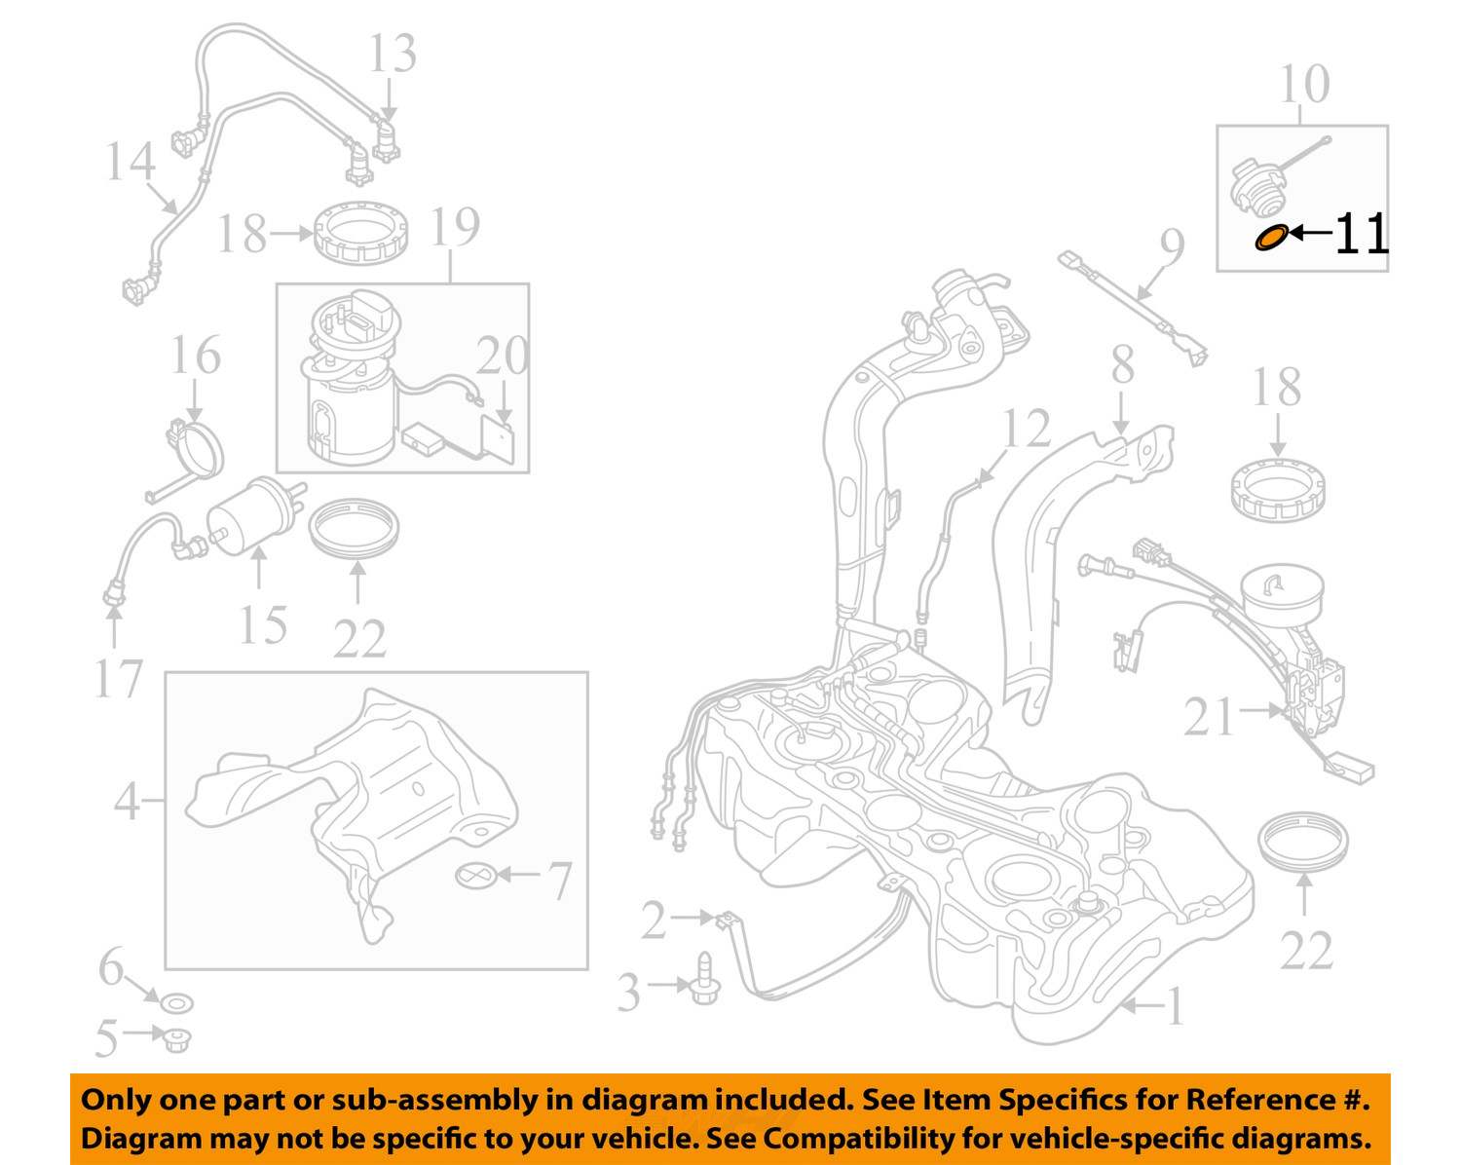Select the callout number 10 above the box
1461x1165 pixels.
tap(1303, 85)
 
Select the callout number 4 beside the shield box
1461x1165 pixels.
tap(127, 802)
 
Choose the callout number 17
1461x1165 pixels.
tap(118, 679)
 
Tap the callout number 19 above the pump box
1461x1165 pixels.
tap(454, 227)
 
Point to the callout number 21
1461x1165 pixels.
tap(1209, 718)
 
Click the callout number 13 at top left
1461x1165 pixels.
tap(392, 54)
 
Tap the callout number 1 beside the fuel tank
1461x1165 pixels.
tap(1176, 1006)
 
